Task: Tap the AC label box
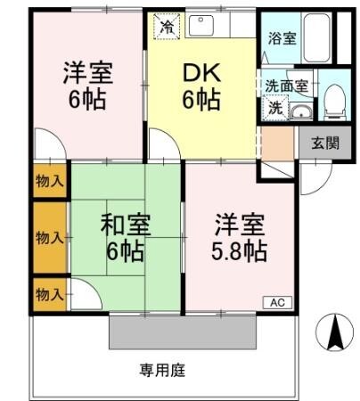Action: (276, 302)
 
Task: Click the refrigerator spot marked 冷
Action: (167, 26)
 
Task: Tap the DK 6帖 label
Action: (200, 86)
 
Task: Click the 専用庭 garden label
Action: (161, 369)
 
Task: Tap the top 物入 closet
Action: (50, 182)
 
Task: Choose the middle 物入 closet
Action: (49, 237)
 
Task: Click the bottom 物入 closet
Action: (49, 291)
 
